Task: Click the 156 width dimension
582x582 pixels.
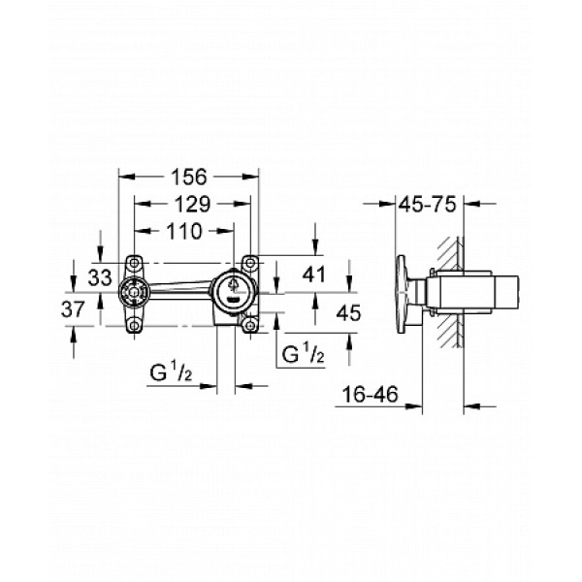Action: (189, 178)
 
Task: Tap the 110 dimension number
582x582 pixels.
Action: (183, 231)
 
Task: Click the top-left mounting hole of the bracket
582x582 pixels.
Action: (133, 263)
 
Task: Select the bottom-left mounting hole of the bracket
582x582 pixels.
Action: (133, 326)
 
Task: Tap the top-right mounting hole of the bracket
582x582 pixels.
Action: (251, 263)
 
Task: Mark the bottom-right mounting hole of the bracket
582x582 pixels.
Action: (251, 327)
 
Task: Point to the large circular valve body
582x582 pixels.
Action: (233, 289)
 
